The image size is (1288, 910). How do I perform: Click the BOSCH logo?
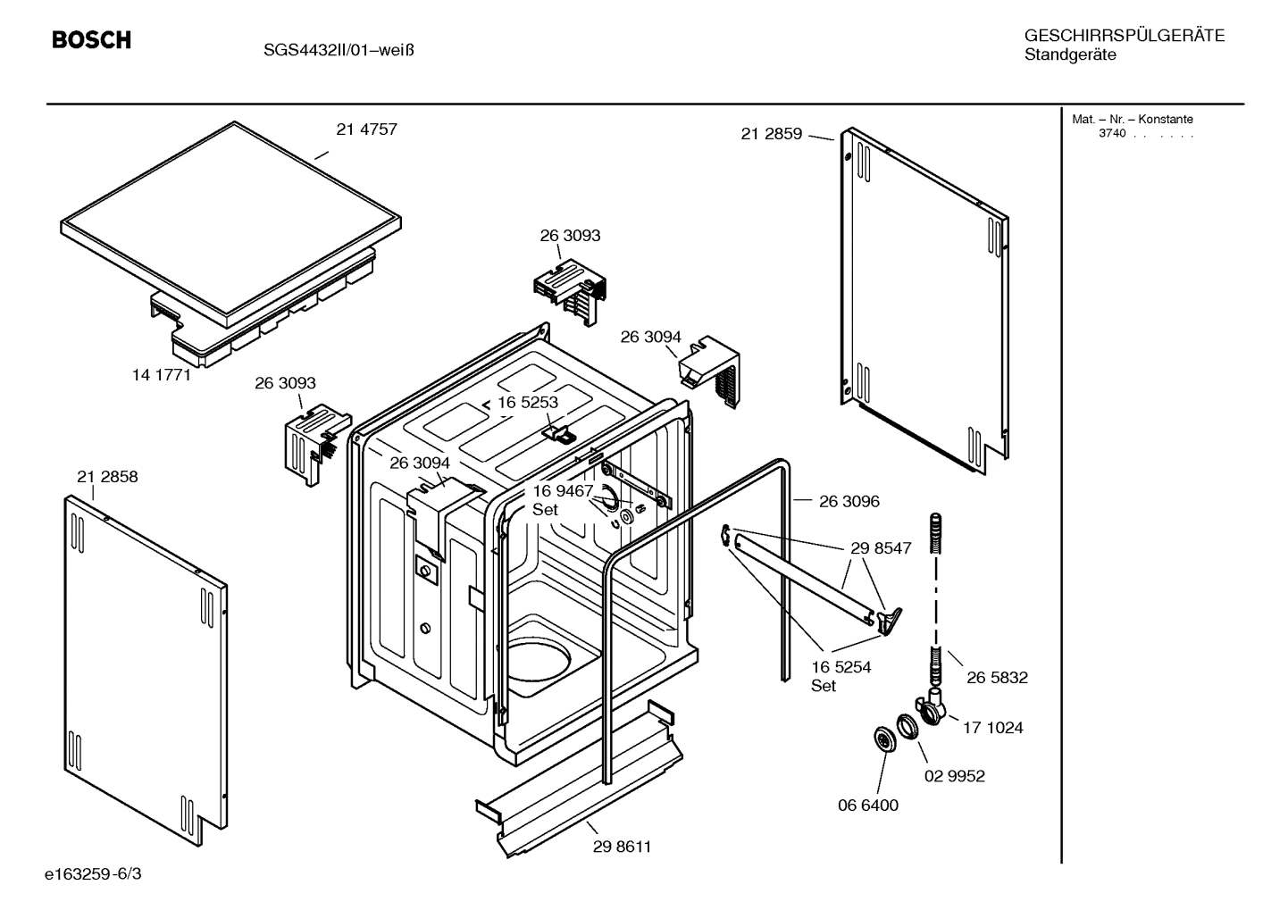click(91, 40)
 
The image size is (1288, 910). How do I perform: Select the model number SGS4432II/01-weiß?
click(338, 50)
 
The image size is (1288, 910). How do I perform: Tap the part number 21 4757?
click(366, 129)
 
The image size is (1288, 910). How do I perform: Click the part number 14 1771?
click(162, 375)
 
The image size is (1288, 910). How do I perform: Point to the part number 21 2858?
click(107, 477)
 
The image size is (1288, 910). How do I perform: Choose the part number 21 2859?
click(771, 135)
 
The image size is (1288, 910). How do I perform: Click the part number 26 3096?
click(849, 502)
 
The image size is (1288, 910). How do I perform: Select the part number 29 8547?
click(881, 548)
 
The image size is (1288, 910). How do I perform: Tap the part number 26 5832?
click(997, 678)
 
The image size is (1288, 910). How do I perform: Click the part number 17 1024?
click(992, 728)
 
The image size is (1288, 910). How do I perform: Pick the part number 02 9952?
click(954, 776)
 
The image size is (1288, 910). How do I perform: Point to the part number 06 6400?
click(867, 806)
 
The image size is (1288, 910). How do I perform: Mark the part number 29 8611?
click(622, 847)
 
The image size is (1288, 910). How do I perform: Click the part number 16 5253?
click(527, 403)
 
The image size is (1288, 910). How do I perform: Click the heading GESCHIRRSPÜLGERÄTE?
click(1124, 37)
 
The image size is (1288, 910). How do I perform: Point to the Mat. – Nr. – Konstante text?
click(1132, 120)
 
